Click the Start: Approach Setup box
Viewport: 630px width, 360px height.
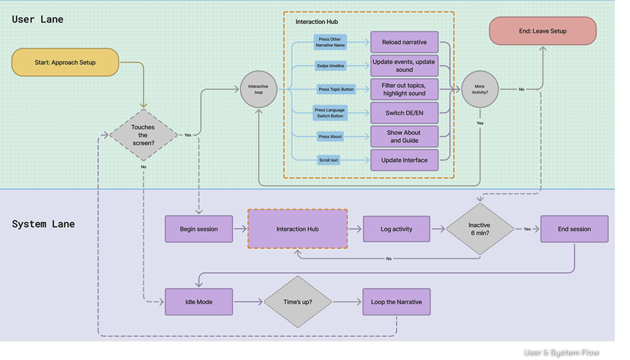pyautogui.click(x=65, y=62)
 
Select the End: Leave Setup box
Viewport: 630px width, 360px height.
pyautogui.click(x=543, y=31)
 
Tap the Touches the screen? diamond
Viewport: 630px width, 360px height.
pyautogui.click(x=143, y=135)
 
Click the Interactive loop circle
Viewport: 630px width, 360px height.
pyautogui.click(x=259, y=89)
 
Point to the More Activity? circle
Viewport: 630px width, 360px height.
pyautogui.click(x=480, y=89)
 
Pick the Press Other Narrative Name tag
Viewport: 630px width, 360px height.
pyautogui.click(x=330, y=42)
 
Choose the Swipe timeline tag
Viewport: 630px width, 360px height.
pyautogui.click(x=330, y=66)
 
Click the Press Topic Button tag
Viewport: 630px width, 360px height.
pyautogui.click(x=336, y=89)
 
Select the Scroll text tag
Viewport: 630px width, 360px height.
pyautogui.click(x=328, y=160)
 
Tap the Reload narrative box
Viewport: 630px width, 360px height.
pyautogui.click(x=404, y=42)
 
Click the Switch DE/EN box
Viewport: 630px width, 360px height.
pyautogui.click(x=404, y=113)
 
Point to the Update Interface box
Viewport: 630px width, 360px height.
pyautogui.click(x=404, y=160)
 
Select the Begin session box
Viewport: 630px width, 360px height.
pyautogui.click(x=199, y=229)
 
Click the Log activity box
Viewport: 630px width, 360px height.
pyautogui.click(x=396, y=229)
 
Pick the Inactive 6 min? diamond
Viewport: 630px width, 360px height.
pyautogui.click(x=480, y=229)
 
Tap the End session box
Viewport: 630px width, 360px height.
pyautogui.click(x=574, y=229)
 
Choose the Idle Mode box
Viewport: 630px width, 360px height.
pyautogui.click(x=199, y=302)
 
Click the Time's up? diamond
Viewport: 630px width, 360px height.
pyautogui.click(x=298, y=302)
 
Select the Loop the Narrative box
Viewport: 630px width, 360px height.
pyautogui.click(x=396, y=302)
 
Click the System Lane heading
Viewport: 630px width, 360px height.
pyautogui.click(x=43, y=224)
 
